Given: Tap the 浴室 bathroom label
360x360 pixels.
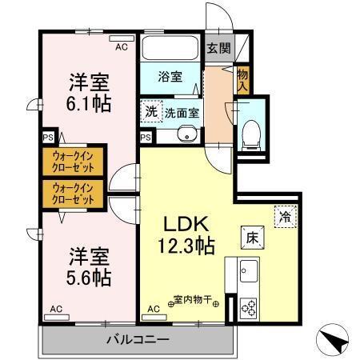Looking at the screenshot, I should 170,78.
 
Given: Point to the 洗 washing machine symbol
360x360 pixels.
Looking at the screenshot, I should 151,112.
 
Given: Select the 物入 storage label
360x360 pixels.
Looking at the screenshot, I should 242,79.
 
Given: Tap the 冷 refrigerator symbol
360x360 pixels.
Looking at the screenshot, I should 284,216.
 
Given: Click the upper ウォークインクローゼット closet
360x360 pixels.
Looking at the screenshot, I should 74,162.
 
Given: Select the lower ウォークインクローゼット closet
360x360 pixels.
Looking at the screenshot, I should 74,194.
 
